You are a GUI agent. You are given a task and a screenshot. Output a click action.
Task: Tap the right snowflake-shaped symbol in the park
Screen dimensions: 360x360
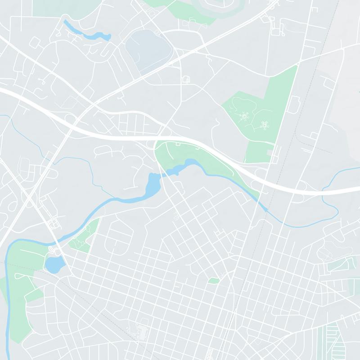pyautogui.click(x=264, y=125)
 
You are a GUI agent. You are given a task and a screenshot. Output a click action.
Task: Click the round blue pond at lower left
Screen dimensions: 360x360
pyautogui.click(x=54, y=264)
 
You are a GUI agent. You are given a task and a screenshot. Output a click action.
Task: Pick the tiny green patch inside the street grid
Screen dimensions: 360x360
pyautogui.click(x=214, y=281)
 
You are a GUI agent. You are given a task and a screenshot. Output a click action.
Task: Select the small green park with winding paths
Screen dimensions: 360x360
pyautogui.click(x=83, y=234)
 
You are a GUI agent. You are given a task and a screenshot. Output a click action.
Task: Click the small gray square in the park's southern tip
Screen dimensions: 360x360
pyautogui.click(x=270, y=153)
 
